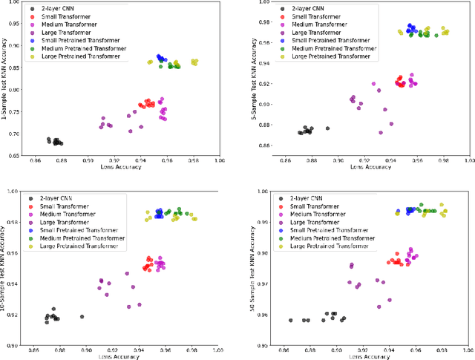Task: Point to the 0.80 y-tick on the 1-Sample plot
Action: point(15,91)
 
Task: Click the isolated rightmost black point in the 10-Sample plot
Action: point(82,317)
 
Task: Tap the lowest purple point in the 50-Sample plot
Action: point(379,306)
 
